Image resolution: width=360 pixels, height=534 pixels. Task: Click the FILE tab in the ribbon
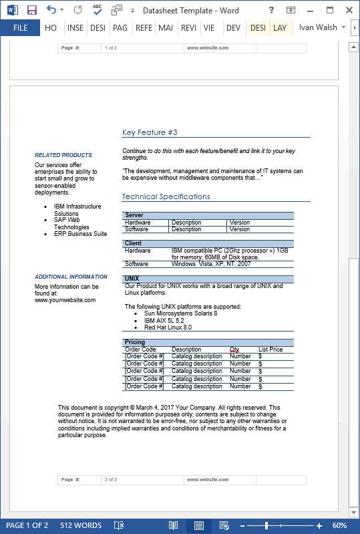pos(20,28)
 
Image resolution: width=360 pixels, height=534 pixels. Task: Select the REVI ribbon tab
pos(188,28)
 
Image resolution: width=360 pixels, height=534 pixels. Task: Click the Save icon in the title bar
pos(31,10)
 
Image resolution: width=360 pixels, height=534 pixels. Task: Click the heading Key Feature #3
pos(150,132)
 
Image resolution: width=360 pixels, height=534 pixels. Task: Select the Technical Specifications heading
pos(166,196)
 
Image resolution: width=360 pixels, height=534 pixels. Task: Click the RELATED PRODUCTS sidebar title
pos(63,155)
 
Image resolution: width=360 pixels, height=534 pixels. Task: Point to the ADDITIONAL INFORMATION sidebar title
pos(71,277)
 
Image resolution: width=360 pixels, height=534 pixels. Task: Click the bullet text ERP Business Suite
pos(80,234)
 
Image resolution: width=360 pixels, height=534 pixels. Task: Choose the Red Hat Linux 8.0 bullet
pos(168,327)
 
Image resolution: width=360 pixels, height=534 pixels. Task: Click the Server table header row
pos(134,215)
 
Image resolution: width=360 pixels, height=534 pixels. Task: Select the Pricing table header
pos(135,342)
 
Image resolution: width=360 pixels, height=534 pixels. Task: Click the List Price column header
pos(271,350)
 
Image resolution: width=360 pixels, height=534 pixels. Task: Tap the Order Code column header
pos(140,350)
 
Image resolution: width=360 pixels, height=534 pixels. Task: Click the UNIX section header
pos(132,279)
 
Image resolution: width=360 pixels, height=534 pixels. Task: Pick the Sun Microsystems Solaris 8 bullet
pos(180,313)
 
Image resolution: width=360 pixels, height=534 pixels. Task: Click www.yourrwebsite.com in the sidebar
pos(65,300)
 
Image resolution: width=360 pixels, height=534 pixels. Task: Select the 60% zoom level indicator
pos(339,525)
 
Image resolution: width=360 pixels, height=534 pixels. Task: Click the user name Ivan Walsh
pos(318,28)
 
